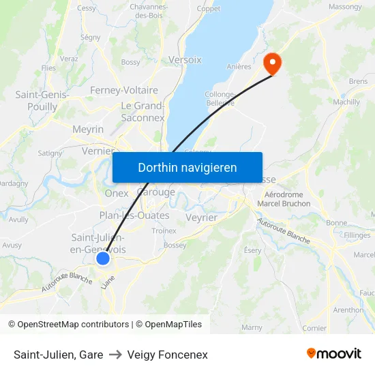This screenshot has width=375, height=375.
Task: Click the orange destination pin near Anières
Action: click(272, 63)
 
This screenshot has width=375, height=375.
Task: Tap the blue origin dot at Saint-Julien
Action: click(103, 258)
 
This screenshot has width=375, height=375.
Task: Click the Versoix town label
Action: click(185, 59)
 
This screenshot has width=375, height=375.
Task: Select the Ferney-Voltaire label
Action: click(124, 90)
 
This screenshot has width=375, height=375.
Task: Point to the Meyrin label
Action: click(88, 129)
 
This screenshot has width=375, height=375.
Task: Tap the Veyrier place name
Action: click(202, 217)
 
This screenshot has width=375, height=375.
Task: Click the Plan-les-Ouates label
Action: click(134, 215)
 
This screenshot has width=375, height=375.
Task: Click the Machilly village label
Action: click(346, 102)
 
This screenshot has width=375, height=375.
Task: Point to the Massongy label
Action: click(345, 7)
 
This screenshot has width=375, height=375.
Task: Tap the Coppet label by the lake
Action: click(209, 9)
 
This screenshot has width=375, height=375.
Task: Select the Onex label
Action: click(117, 193)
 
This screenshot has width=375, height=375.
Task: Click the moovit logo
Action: click(334, 353)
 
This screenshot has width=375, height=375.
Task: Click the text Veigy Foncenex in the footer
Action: click(167, 355)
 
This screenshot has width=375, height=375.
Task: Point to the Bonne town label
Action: click(337, 223)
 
